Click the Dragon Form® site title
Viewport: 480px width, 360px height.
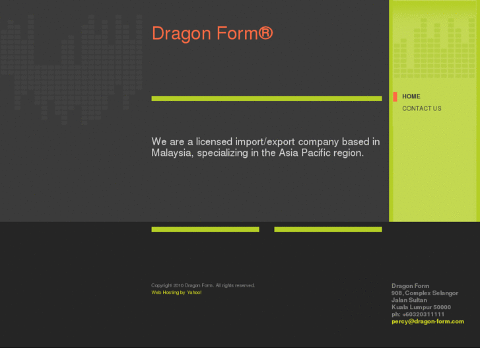coord(211,34)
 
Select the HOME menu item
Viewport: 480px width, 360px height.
coord(411,96)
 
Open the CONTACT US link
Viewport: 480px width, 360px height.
coord(421,108)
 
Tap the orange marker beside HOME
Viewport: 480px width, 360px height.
coord(395,96)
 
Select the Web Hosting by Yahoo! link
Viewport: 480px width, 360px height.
coord(176,292)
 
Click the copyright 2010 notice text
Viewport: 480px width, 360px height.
coord(203,285)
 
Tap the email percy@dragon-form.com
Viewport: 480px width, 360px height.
coord(427,322)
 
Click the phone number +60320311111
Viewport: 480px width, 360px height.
coord(423,314)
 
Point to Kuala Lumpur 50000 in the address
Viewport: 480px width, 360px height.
coord(421,307)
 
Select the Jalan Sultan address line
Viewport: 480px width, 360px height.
coord(409,300)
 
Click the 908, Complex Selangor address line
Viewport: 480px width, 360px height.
coord(425,293)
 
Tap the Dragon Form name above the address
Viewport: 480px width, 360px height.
coord(410,286)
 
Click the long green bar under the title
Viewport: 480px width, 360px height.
coord(266,98)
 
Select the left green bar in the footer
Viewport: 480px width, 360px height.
coord(205,229)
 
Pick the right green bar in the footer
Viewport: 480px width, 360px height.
coord(327,229)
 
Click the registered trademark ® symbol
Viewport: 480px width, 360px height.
coord(265,33)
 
